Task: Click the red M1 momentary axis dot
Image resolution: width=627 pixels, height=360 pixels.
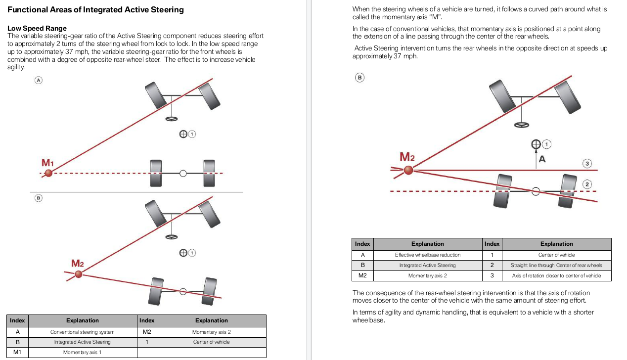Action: click(48, 173)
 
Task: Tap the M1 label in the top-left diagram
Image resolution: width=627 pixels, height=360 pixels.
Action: click(47, 163)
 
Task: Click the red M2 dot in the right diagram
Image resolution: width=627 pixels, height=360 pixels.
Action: click(408, 170)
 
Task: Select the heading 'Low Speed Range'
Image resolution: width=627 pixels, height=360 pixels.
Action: click(37, 28)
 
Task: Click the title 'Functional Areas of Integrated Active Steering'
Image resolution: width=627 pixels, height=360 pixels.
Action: click(95, 9)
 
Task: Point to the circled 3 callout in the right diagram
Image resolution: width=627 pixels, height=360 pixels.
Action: click(587, 163)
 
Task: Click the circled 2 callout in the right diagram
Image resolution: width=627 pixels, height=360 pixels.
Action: click(587, 184)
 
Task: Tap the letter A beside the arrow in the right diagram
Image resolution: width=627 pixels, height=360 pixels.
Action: click(542, 159)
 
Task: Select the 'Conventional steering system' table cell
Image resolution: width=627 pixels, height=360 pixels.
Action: click(82, 332)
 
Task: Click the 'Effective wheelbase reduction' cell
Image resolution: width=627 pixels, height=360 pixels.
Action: click(427, 255)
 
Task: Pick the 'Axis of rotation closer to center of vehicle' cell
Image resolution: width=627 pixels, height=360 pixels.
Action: click(556, 275)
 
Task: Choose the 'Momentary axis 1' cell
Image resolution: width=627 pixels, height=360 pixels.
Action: click(82, 352)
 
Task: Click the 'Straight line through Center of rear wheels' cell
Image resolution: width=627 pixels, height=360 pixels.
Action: click(556, 265)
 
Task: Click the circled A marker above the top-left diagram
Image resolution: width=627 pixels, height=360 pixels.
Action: click(38, 80)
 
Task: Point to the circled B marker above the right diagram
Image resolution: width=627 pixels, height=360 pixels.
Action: click(359, 77)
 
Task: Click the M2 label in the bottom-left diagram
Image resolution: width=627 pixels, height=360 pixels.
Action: click(78, 264)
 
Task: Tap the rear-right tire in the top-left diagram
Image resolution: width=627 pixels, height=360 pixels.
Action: click(209, 173)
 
